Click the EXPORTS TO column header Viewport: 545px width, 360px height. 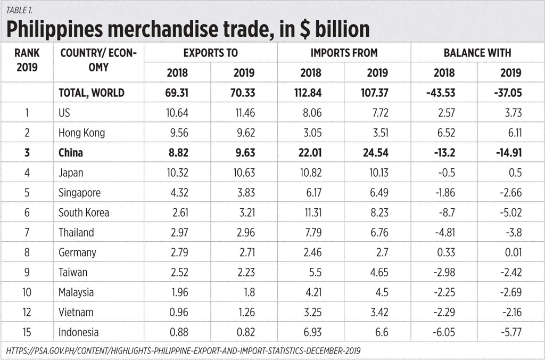(x=211, y=53)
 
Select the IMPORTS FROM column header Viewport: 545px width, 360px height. (x=344, y=53)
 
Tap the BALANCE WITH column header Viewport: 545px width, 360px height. (x=477, y=53)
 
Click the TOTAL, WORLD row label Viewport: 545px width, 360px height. (x=92, y=93)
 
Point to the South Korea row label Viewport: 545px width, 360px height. (x=84, y=212)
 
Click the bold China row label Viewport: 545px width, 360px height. (x=71, y=153)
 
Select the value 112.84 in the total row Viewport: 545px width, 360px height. (x=310, y=93)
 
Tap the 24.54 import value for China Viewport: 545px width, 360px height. (x=377, y=153)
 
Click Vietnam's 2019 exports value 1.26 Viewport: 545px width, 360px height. (x=244, y=313)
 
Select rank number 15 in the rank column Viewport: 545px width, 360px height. (x=26, y=332)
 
